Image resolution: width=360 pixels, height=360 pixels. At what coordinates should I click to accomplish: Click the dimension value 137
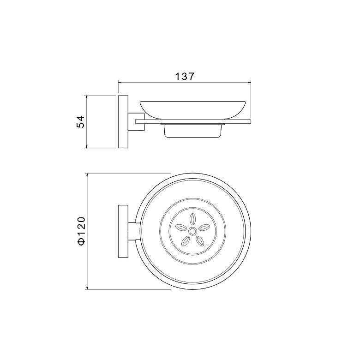click(x=185, y=77)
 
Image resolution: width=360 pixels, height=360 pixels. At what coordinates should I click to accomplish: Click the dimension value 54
click(x=81, y=122)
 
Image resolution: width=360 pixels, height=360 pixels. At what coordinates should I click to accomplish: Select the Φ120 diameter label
click(x=82, y=231)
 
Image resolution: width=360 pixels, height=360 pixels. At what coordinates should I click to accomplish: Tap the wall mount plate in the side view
click(x=123, y=122)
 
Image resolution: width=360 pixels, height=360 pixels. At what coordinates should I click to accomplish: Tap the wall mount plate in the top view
click(x=123, y=231)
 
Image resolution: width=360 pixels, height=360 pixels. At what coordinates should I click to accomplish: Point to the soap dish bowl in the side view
click(x=193, y=110)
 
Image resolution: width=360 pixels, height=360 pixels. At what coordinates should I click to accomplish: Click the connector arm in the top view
click(x=132, y=231)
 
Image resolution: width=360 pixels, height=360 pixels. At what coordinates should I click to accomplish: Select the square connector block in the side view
click(x=136, y=122)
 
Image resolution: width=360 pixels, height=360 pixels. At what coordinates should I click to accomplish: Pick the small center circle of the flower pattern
click(x=192, y=231)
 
